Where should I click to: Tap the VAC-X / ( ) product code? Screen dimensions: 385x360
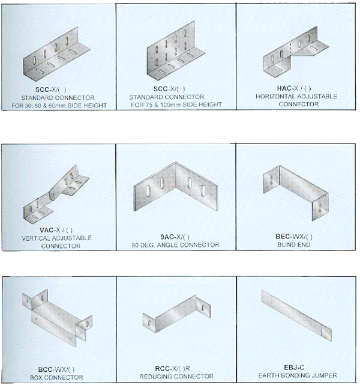(58, 229)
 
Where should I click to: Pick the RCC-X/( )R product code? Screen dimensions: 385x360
(176, 368)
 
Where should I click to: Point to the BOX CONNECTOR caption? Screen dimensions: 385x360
(58, 377)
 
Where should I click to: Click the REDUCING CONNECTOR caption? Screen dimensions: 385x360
(176, 377)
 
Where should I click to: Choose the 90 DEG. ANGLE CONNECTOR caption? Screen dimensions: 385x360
(175, 245)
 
